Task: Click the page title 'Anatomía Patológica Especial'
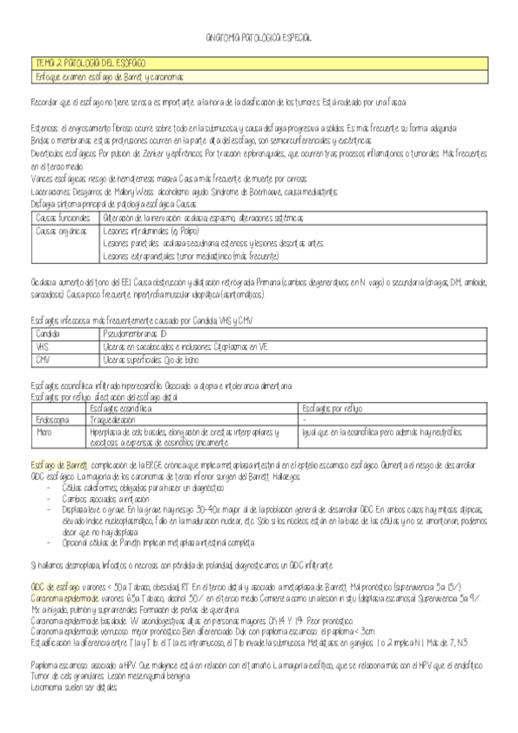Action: (x=259, y=40)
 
